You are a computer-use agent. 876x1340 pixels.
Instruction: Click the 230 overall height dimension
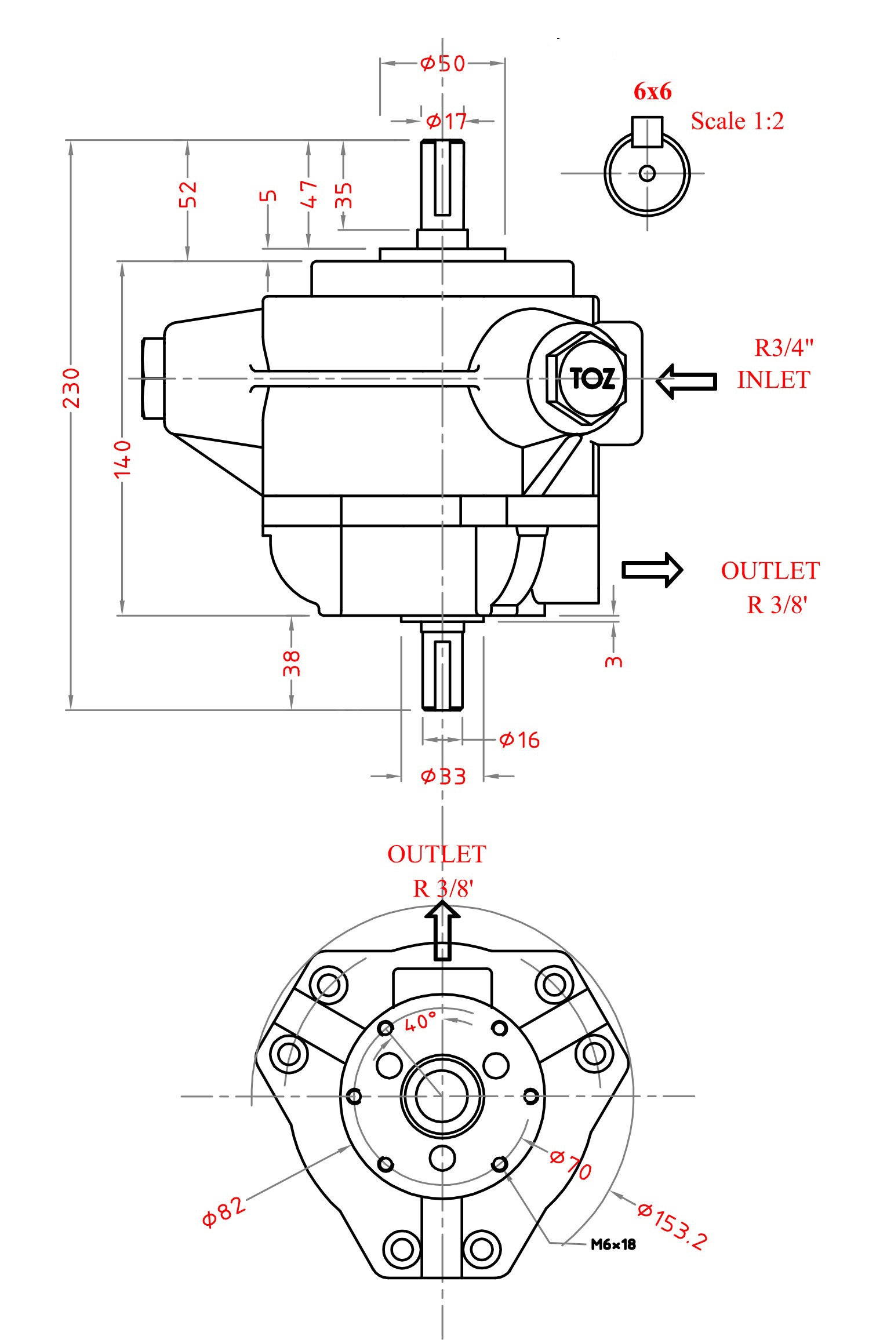tap(71, 388)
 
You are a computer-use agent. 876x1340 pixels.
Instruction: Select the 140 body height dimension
tap(122, 458)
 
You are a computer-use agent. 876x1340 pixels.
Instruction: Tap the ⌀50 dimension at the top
tap(443, 63)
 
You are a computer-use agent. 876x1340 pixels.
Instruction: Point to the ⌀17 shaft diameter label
tap(446, 121)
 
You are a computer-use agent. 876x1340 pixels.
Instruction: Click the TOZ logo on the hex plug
tap(592, 379)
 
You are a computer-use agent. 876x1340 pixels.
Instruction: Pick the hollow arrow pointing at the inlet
tap(687, 381)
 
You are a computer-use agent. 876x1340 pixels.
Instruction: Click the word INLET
tap(773, 380)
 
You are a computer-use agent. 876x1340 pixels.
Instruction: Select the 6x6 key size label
tap(652, 92)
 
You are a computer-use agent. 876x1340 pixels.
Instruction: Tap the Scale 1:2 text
tap(737, 121)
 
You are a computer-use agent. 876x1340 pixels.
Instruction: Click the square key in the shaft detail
tap(647, 132)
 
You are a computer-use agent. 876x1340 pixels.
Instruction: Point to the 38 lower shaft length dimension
tap(292, 663)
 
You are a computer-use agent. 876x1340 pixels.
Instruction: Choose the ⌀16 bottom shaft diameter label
tap(519, 740)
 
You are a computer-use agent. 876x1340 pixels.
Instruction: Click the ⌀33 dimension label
tap(443, 776)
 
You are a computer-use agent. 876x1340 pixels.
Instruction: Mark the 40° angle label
tap(420, 1022)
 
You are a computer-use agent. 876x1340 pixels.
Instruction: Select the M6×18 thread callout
tap(613, 1244)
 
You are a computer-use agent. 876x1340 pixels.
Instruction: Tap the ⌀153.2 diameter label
tap(673, 1225)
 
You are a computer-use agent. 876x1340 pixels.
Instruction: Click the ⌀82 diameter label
tap(224, 1211)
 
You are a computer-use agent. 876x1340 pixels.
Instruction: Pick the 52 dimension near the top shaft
tap(188, 194)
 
